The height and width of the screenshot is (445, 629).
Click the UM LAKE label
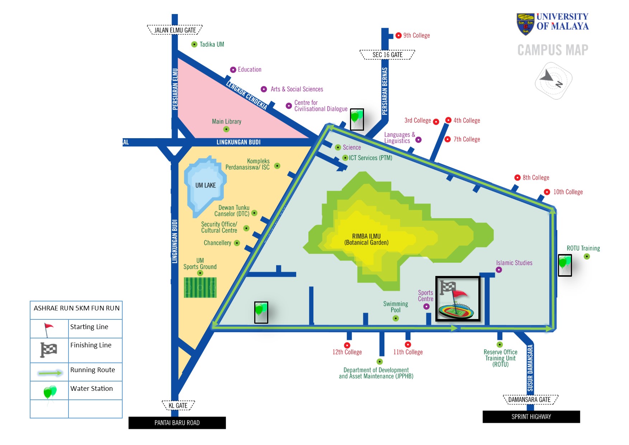point(205,185)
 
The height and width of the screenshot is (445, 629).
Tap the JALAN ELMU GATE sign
point(175,30)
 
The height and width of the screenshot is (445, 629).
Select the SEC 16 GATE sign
point(387,55)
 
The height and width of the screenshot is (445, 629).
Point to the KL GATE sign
point(178,406)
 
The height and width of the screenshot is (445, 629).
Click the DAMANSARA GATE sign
point(529,399)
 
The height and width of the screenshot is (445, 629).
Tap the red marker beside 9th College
point(398,36)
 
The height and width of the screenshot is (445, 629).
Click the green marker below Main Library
point(226,129)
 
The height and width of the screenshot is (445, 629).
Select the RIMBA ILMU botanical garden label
point(366,239)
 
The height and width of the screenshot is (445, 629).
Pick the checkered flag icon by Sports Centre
point(447,287)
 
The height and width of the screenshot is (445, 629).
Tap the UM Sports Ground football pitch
point(200,287)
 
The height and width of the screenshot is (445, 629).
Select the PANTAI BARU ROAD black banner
point(177,423)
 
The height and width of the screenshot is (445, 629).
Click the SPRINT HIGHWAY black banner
point(531,417)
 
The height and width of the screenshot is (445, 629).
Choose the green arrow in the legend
point(50,373)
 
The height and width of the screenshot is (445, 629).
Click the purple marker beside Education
point(233,70)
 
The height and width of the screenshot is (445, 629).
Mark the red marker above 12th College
point(347,345)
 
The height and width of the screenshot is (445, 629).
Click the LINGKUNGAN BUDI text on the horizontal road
point(238,142)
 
